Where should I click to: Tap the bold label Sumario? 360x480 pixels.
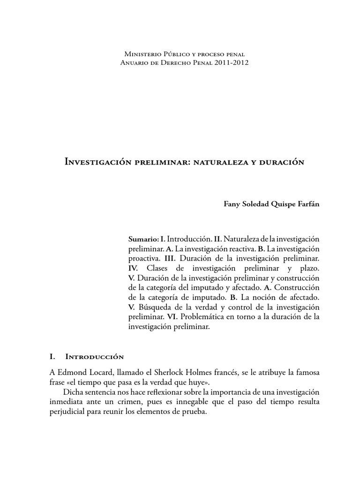click(143, 238)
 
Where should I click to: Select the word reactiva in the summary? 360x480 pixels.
click(225, 248)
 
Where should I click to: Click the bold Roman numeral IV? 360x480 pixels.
click(133, 268)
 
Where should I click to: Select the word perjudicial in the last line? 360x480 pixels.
click(67, 412)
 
